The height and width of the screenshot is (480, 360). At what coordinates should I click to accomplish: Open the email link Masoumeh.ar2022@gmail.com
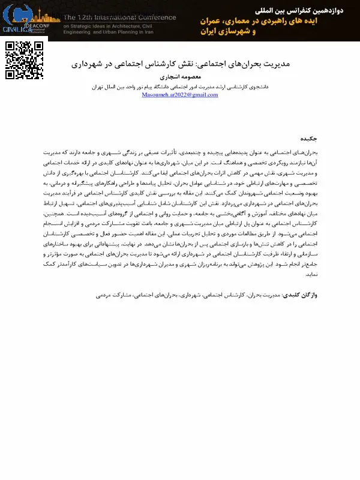[x=180, y=95]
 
